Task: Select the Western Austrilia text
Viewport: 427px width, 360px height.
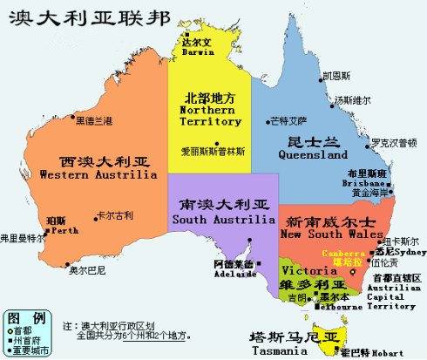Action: click(x=104, y=174)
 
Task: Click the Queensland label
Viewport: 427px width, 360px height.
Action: click(x=312, y=153)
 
